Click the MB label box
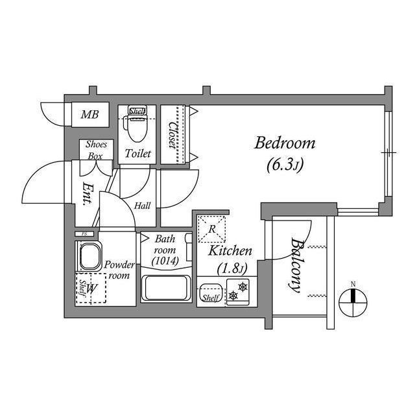(x=90, y=115)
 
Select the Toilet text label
(x=138, y=154)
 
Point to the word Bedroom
(x=285, y=143)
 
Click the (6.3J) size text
(x=285, y=165)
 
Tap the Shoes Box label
(x=95, y=150)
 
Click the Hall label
(x=143, y=206)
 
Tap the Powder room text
(x=119, y=270)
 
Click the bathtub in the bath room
(x=165, y=287)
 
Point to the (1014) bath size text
(x=164, y=261)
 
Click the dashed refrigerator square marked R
(x=211, y=228)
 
